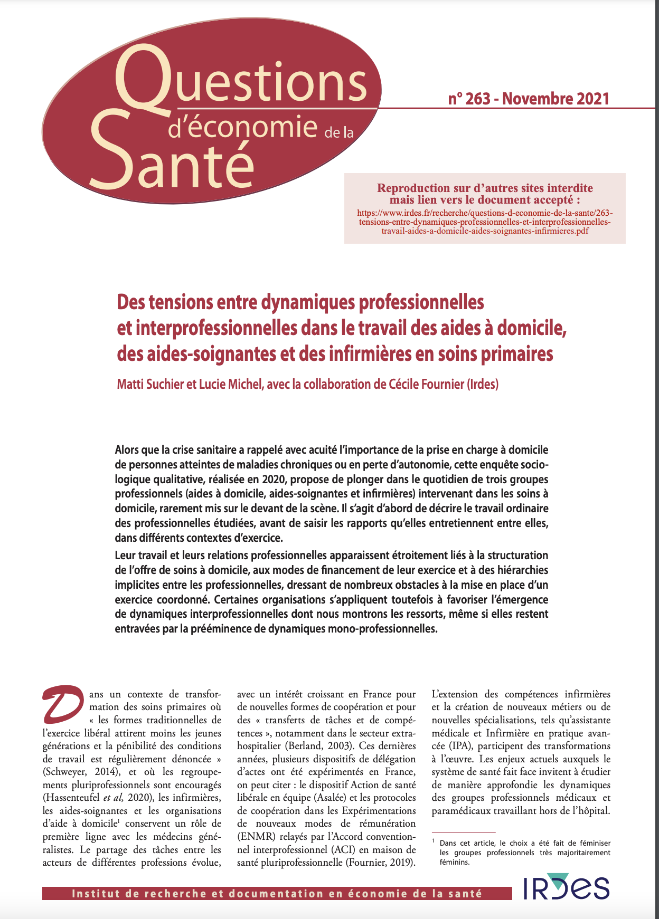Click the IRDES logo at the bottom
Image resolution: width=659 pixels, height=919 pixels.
pos(566,888)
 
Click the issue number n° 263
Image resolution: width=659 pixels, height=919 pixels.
pos(469,99)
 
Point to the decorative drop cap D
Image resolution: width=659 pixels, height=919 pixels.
pos(63,704)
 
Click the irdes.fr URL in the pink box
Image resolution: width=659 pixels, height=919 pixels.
pos(485,222)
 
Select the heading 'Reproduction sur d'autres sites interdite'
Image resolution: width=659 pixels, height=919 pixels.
pos(485,188)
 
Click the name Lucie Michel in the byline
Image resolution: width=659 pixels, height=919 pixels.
pos(230,384)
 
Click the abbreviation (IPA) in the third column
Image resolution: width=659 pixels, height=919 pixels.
pos(445,746)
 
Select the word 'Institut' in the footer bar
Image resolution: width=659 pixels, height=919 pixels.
pos(95,894)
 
